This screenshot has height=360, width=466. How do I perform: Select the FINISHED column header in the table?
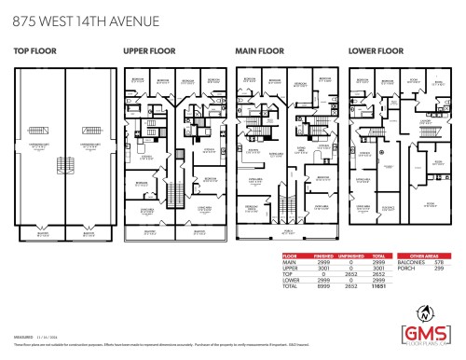pyautogui.click(x=322, y=255)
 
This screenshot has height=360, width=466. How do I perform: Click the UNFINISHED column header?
pyautogui.click(x=349, y=255)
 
